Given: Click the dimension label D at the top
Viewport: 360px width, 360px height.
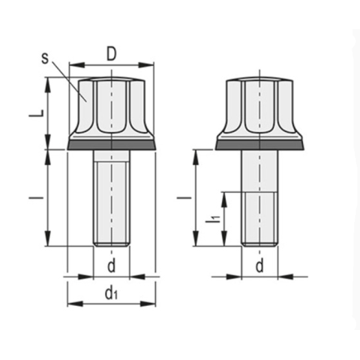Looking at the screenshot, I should pyautogui.click(x=111, y=54).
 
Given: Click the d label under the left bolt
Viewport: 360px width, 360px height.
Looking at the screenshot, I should pyautogui.click(x=111, y=265).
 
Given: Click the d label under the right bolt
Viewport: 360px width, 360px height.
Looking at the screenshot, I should pyautogui.click(x=259, y=265).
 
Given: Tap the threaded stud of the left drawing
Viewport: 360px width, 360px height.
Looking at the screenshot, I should pyautogui.click(x=111, y=199).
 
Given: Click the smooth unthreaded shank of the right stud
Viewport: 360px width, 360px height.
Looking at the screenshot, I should pyautogui.click(x=259, y=171).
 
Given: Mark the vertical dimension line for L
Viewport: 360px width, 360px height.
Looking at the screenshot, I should pyautogui.click(x=49, y=112).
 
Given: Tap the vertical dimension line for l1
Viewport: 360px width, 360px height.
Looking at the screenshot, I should pyautogui.click(x=224, y=218).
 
